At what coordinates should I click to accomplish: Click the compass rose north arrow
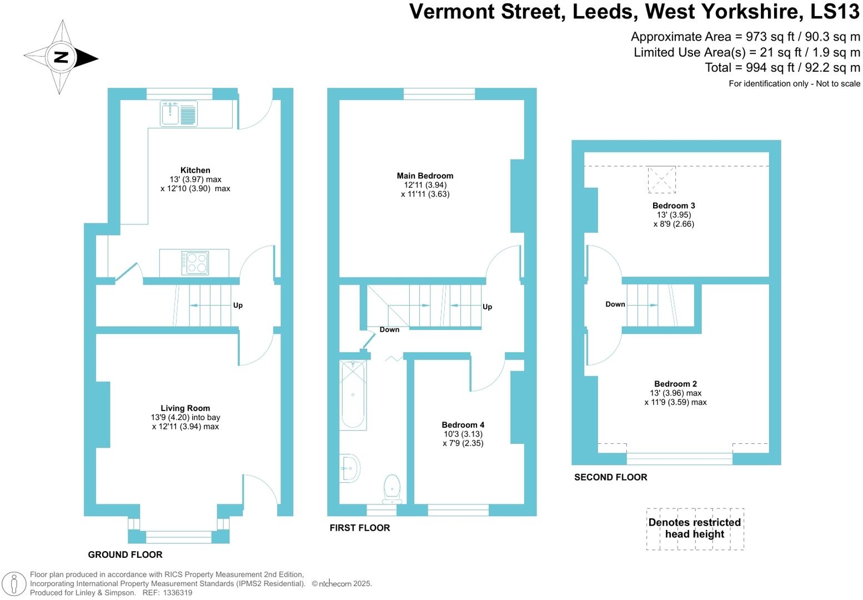tap(61, 57)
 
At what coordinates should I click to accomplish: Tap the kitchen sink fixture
tap(178, 114)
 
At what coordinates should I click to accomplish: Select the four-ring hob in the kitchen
tap(195, 263)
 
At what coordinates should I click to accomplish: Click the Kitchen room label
tap(195, 171)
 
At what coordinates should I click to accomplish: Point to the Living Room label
tap(185, 408)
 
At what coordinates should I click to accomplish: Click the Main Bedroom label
tap(425, 176)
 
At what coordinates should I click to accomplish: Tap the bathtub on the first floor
tap(353, 395)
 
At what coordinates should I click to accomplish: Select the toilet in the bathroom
tap(392, 488)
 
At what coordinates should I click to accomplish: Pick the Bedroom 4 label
tap(463, 425)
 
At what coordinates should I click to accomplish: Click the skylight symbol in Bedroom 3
tap(661, 179)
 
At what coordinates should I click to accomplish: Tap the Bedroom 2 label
tap(675, 384)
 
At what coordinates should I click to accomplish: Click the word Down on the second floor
tap(615, 304)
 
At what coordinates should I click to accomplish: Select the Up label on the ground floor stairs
tap(238, 306)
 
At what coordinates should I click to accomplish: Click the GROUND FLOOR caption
tap(125, 554)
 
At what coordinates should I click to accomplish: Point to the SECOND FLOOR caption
tap(610, 477)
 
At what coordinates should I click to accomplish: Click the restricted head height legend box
tap(695, 529)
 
